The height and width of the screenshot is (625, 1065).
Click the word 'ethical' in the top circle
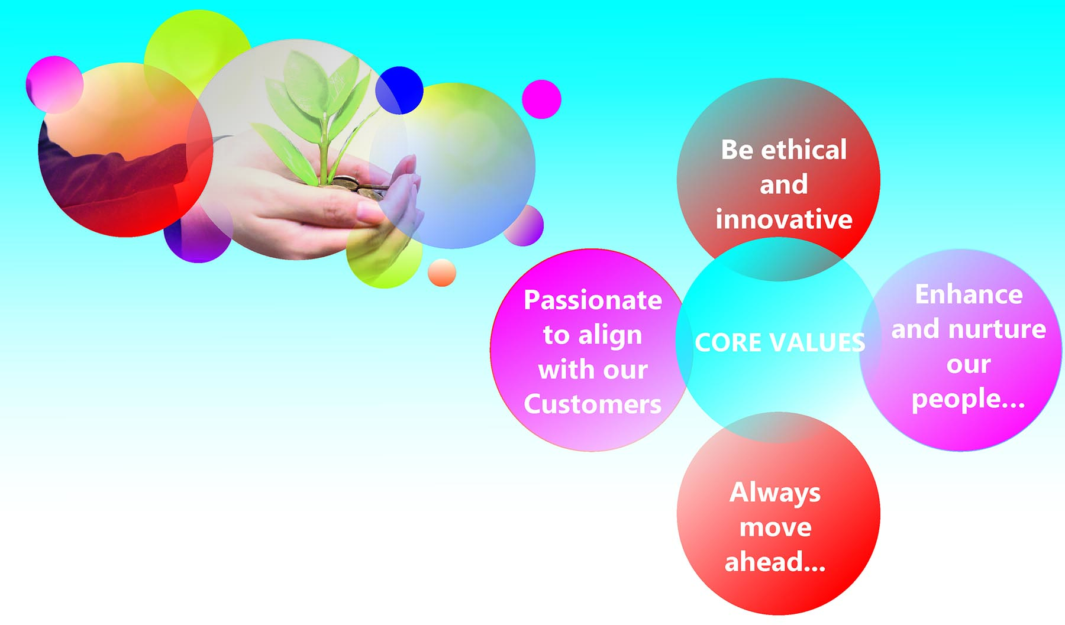[x=804, y=150]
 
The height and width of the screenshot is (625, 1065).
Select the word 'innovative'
[x=784, y=219]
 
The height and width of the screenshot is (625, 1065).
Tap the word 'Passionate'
[x=593, y=300]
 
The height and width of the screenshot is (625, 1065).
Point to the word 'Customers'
[x=592, y=404]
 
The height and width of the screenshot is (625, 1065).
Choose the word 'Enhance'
[x=969, y=294]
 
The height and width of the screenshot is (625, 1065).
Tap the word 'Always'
[x=775, y=493]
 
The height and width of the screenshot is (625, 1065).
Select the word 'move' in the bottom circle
[x=775, y=528]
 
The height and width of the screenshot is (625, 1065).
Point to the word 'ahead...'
[x=775, y=562]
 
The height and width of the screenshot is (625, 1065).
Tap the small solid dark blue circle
[x=399, y=90]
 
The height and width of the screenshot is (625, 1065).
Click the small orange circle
[x=442, y=273]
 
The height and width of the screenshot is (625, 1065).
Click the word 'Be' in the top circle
[x=737, y=150]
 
